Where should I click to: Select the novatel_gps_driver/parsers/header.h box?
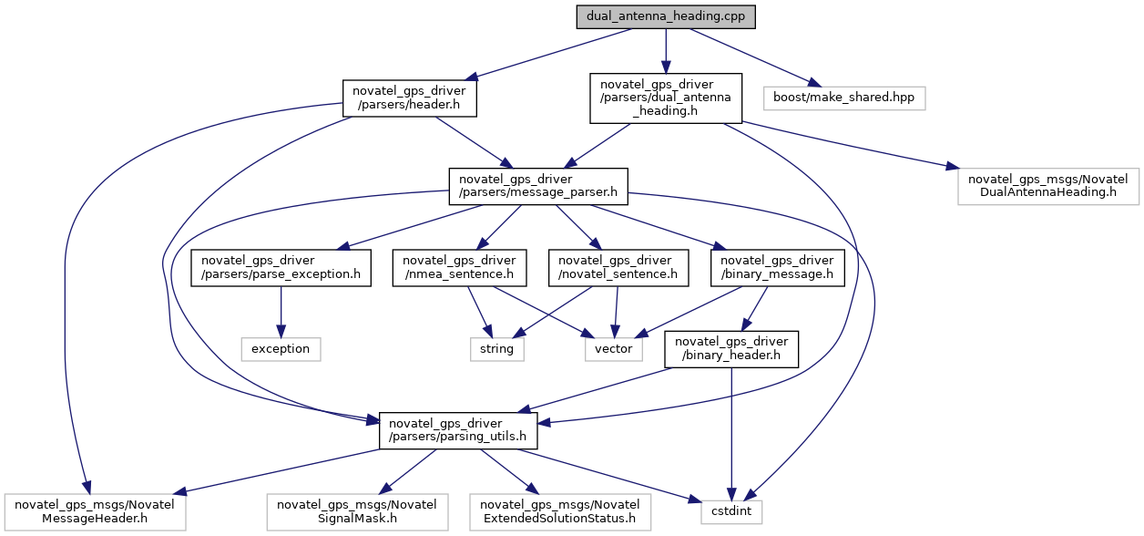(409, 98)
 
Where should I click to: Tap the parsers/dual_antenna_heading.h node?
(666, 98)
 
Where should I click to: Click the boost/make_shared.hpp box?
(843, 98)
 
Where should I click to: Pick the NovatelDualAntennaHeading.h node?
(1048, 185)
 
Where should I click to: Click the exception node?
(281, 348)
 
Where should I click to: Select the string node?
(497, 348)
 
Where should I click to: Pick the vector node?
(614, 348)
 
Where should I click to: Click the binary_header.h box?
(732, 348)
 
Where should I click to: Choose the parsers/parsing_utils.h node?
(458, 428)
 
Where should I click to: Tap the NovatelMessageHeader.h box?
(96, 512)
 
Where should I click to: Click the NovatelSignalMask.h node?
(356, 512)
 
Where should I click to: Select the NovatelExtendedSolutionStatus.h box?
(559, 512)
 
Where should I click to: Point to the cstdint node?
(731, 512)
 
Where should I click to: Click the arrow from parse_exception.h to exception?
(281, 313)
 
